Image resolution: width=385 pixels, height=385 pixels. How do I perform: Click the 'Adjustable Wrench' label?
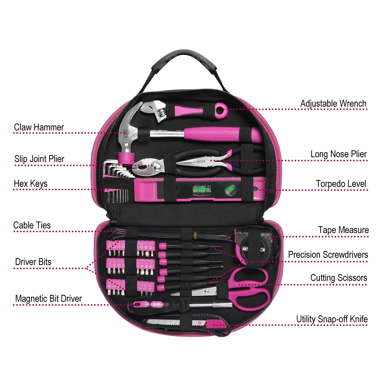click(333, 104)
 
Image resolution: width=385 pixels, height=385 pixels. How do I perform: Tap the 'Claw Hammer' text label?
click(39, 127)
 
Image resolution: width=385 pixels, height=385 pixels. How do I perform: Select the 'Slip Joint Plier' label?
click(39, 159)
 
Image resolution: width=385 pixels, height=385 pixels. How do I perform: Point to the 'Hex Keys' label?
click(30, 184)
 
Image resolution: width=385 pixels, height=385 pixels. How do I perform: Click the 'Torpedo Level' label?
click(341, 184)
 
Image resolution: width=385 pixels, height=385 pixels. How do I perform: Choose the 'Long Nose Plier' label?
click(338, 154)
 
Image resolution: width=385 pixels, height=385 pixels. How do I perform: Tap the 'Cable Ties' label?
click(32, 225)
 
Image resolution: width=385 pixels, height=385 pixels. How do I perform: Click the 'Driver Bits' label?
click(33, 262)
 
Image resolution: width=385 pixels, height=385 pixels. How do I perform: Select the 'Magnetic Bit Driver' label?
click(48, 299)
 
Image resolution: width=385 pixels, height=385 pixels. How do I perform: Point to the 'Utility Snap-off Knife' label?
click(332, 319)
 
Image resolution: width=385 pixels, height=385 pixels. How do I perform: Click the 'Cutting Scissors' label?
click(339, 278)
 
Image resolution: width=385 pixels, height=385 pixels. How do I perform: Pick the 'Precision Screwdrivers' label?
click(328, 255)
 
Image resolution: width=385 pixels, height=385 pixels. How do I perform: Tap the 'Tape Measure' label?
click(343, 230)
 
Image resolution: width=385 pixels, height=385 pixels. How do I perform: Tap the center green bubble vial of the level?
click(202, 190)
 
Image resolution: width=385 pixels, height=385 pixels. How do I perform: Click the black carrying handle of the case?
click(184, 58)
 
